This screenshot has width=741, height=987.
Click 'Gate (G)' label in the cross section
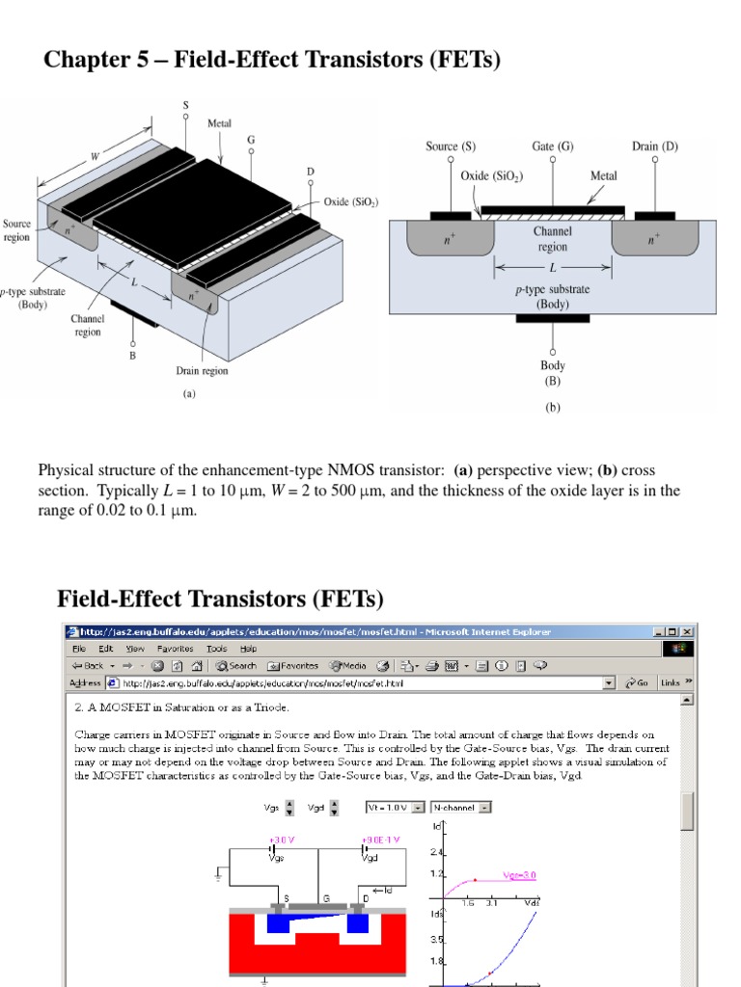[553, 147]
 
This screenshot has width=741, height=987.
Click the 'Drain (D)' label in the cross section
[655, 147]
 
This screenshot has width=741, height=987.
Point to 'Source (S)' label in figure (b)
[451, 147]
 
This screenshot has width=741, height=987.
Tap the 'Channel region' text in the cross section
[552, 239]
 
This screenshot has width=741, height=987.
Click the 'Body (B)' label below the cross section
[553, 372]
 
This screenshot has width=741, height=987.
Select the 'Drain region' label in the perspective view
[202, 370]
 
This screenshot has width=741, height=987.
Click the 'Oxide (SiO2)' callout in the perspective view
[350, 202]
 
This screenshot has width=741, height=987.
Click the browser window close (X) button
[686, 632]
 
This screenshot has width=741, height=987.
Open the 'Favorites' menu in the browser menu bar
[177, 649]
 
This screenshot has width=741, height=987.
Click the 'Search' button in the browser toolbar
[236, 665]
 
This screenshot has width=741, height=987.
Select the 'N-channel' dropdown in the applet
[461, 807]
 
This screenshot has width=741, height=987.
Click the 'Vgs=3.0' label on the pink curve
[518, 875]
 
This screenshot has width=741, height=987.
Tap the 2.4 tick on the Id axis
[437, 852]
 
